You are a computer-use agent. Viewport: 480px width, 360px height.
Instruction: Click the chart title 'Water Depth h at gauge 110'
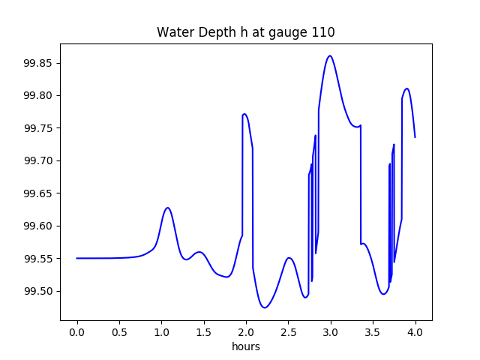(x=245, y=33)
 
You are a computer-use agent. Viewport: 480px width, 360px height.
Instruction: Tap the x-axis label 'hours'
(x=246, y=346)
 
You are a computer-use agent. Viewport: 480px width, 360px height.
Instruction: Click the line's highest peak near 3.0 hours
(x=330, y=55)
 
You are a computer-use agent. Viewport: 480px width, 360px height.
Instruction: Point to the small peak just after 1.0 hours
(x=168, y=208)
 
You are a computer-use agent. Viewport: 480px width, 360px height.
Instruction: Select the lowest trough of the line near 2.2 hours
(x=264, y=307)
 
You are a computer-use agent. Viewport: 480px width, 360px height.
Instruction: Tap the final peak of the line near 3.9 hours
(x=406, y=88)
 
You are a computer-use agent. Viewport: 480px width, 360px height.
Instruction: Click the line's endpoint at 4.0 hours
(x=415, y=136)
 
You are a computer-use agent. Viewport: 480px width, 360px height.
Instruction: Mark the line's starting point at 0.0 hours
(x=77, y=258)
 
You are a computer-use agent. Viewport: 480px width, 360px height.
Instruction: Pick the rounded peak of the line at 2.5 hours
(x=289, y=258)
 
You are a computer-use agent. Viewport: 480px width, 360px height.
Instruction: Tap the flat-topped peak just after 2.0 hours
(x=245, y=114)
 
